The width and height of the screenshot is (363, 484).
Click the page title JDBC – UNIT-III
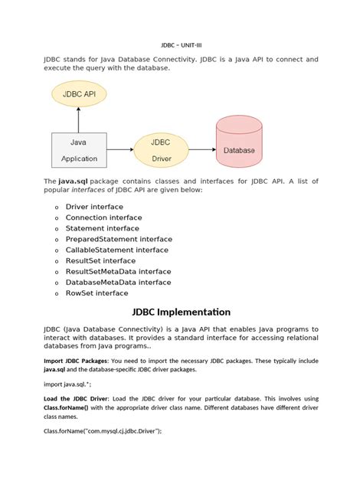pyautogui.click(x=181, y=45)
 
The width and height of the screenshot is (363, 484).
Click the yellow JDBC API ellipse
pyautogui.click(x=79, y=94)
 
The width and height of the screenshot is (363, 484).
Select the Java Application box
pyautogui.click(x=79, y=150)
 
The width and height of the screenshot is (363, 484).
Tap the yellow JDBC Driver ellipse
pyautogui.click(x=161, y=150)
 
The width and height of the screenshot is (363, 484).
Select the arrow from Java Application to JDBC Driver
pyautogui.click(x=120, y=150)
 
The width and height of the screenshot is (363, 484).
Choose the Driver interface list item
pyautogui.click(x=93, y=207)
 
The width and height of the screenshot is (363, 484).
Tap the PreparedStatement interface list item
pyautogui.click(x=119, y=239)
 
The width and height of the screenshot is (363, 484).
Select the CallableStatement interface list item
pyautogui.click(x=116, y=250)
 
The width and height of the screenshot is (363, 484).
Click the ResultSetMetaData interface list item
pyautogui.click(x=118, y=271)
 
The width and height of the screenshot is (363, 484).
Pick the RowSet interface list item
pyautogui.click(x=96, y=293)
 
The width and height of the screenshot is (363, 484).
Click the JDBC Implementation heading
pyautogui.click(x=181, y=312)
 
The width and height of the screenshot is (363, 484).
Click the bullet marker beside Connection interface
pyautogui.click(x=56, y=218)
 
